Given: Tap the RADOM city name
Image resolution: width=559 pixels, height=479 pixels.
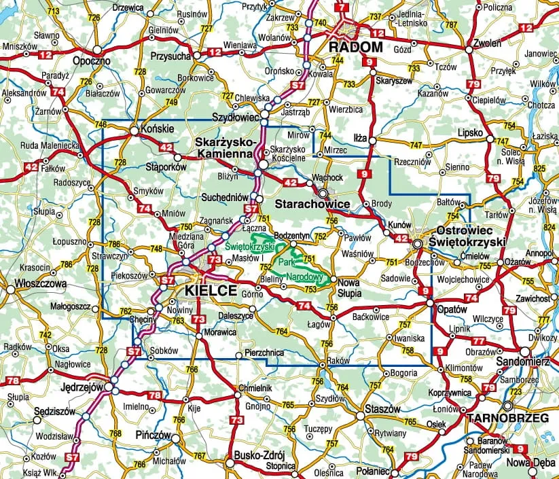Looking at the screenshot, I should click(356, 48).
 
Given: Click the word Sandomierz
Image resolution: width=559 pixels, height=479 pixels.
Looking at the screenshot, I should click(522, 361).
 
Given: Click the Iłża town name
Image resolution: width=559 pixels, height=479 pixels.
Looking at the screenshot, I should click(360, 136).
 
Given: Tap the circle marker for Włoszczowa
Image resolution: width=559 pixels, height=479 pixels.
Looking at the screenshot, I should click(11, 289).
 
